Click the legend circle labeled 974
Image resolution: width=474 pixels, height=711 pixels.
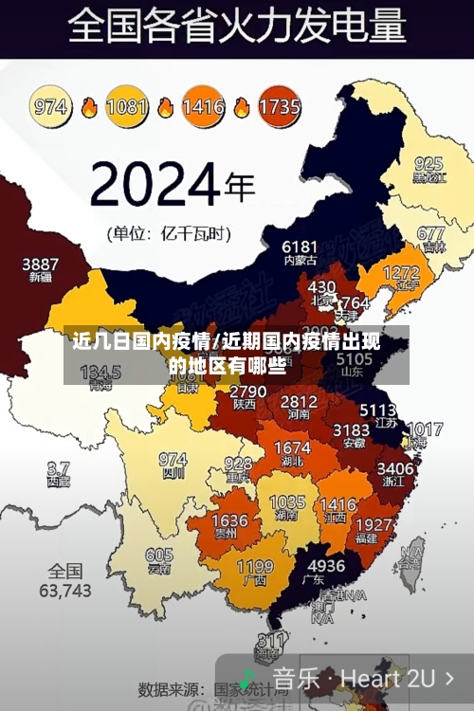(x=51, y=105)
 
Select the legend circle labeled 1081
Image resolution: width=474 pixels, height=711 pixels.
(x=127, y=105)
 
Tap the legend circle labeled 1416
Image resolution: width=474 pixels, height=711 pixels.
(x=203, y=105)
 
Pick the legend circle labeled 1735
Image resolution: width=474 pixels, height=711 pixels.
(x=279, y=105)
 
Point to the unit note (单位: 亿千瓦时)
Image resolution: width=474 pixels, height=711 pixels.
(x=168, y=232)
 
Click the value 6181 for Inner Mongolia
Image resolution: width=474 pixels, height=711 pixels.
(x=300, y=246)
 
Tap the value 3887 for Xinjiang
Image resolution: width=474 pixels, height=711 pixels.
(x=40, y=264)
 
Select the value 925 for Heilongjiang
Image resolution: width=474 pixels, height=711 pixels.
(x=428, y=163)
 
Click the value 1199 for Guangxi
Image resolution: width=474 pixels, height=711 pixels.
(x=254, y=568)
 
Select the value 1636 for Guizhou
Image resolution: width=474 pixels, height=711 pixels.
(x=229, y=521)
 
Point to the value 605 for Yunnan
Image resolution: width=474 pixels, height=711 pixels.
(x=159, y=556)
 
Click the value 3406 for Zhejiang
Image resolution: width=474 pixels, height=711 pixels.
(x=395, y=467)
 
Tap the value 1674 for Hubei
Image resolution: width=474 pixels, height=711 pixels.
(x=292, y=448)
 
